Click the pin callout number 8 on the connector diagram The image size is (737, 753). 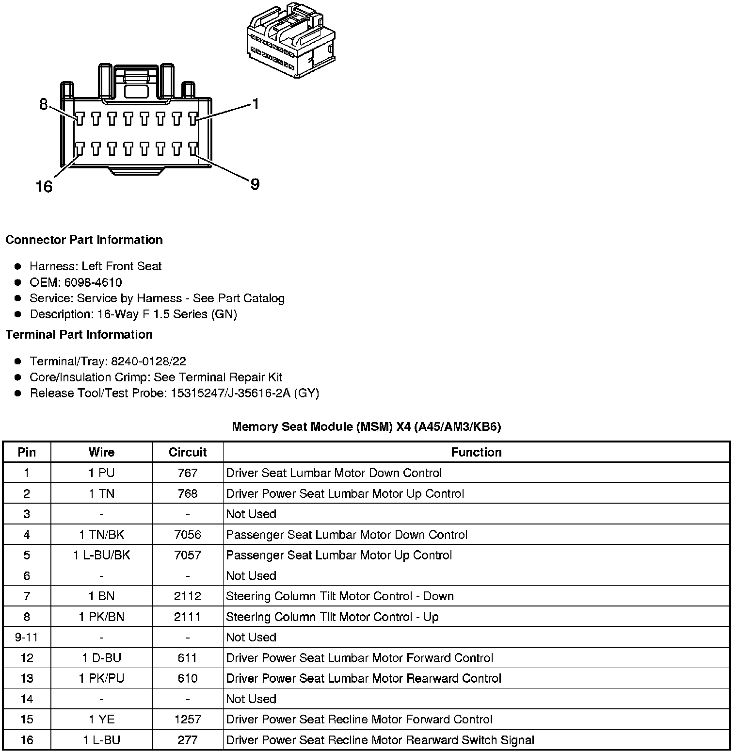tap(44, 104)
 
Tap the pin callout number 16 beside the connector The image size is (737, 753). tap(44, 186)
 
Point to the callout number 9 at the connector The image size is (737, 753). tap(255, 184)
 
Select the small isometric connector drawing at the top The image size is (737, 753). tap(291, 40)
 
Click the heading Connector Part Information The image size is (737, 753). tap(84, 240)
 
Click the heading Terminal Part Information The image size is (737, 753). tap(79, 334)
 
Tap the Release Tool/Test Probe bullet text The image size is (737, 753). tap(175, 393)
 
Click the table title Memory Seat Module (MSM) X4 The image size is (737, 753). tap(366, 426)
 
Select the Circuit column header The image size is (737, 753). tap(188, 452)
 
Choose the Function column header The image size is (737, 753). tap(476, 452)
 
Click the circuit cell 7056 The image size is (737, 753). tap(188, 535)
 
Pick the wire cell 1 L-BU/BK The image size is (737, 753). tap(101, 555)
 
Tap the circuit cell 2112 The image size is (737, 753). tap(188, 596)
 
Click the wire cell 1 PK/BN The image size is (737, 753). tap(101, 617)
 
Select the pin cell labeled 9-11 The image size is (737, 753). tap(27, 637)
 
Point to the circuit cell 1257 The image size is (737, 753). tap(188, 720)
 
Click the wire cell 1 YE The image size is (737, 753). tap(101, 720)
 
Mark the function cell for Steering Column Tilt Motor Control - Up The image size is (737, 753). tap(332, 617)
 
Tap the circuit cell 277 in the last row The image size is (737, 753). tap(188, 740)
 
